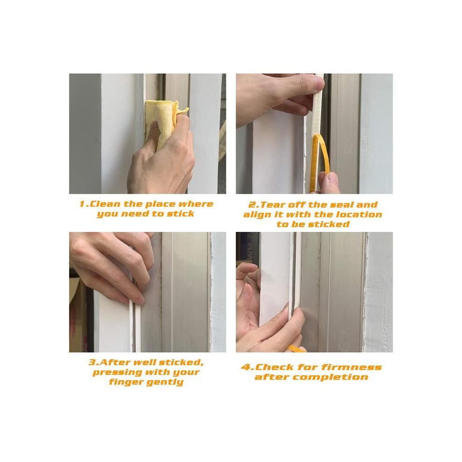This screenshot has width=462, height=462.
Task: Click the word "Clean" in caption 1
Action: click(105, 204)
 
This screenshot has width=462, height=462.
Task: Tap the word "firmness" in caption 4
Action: click(351, 367)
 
